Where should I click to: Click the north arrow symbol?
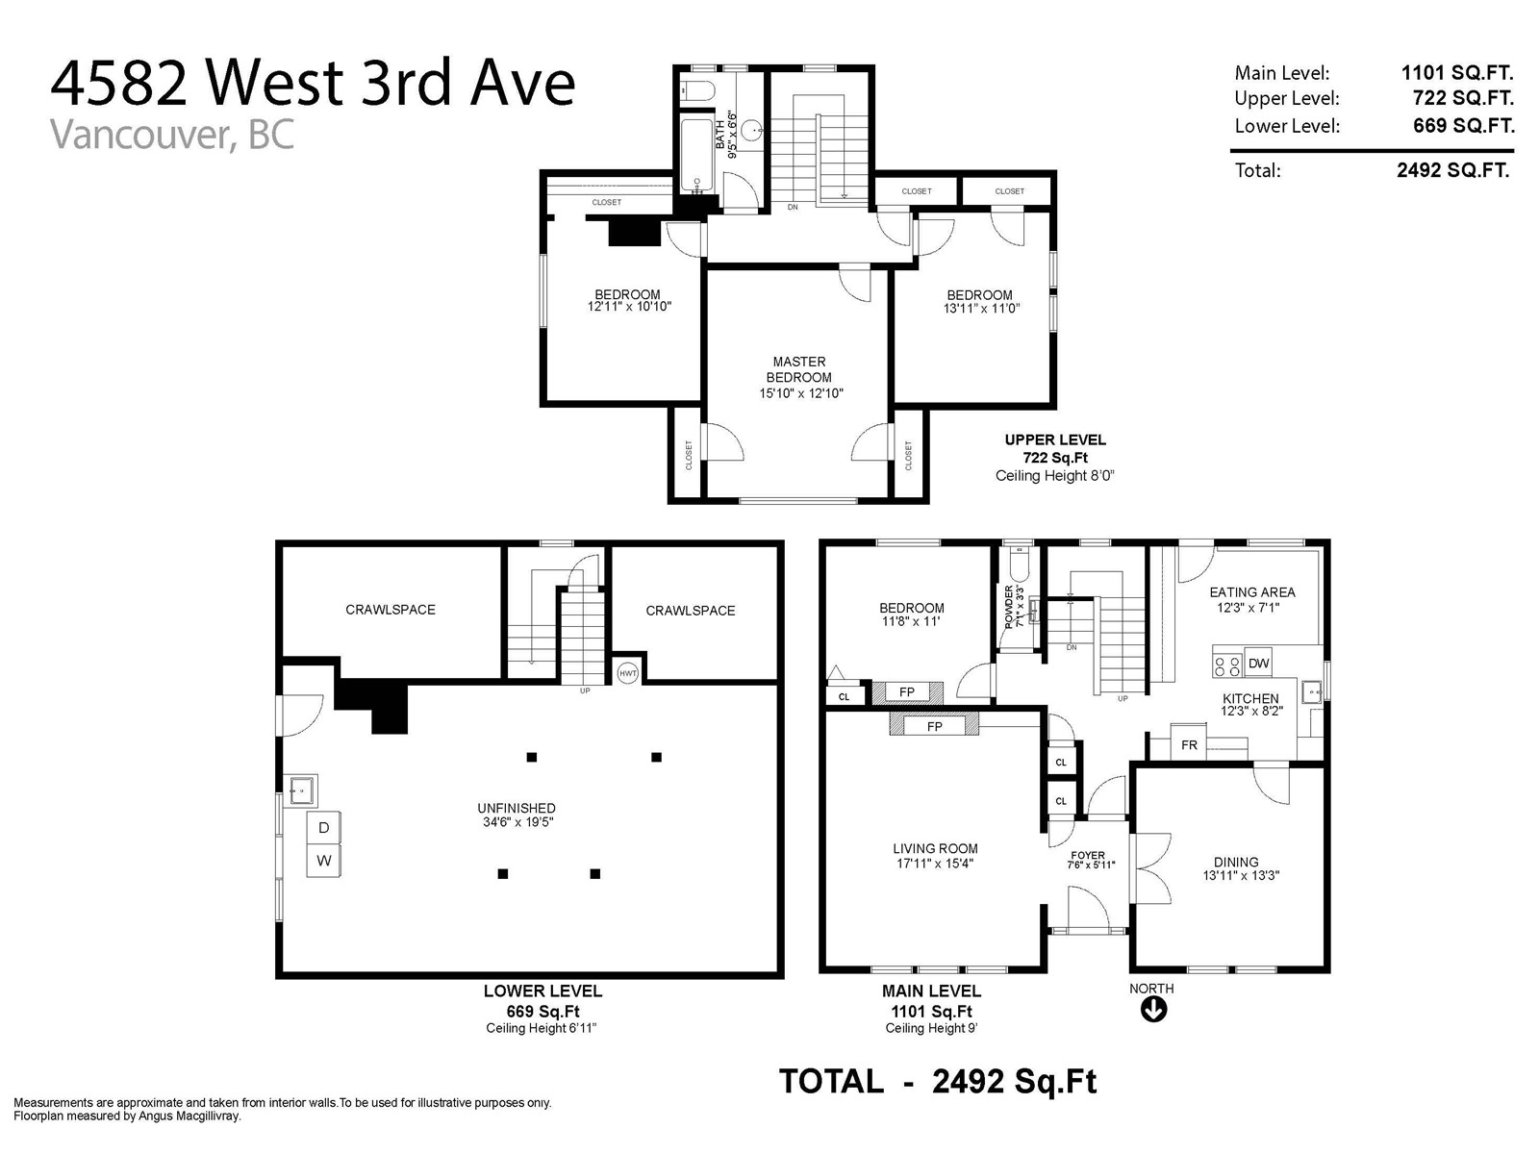pyautogui.click(x=1153, y=1010)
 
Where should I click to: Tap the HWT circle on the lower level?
pyautogui.click(x=627, y=673)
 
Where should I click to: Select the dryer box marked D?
pyautogui.click(x=323, y=827)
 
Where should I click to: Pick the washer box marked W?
pyautogui.click(x=323, y=861)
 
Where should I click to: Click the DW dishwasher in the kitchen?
pyautogui.click(x=1258, y=663)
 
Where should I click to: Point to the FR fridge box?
pyautogui.click(x=1189, y=744)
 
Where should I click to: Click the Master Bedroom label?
pyautogui.click(x=800, y=369)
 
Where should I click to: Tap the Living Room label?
pyautogui.click(x=935, y=848)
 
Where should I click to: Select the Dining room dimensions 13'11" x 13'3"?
pyautogui.click(x=1241, y=875)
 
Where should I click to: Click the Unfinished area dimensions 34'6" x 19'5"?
pyautogui.click(x=518, y=822)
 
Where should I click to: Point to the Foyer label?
pyautogui.click(x=1088, y=855)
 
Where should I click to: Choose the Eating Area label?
pyautogui.click(x=1252, y=592)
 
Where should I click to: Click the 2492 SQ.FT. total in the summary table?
pyautogui.click(x=1452, y=170)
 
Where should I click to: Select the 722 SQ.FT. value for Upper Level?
pyautogui.click(x=1463, y=98)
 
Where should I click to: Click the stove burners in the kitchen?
pyautogui.click(x=1227, y=665)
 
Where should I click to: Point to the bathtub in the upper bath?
pyautogui.click(x=697, y=155)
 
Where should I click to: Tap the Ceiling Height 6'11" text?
pyautogui.click(x=541, y=1028)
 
